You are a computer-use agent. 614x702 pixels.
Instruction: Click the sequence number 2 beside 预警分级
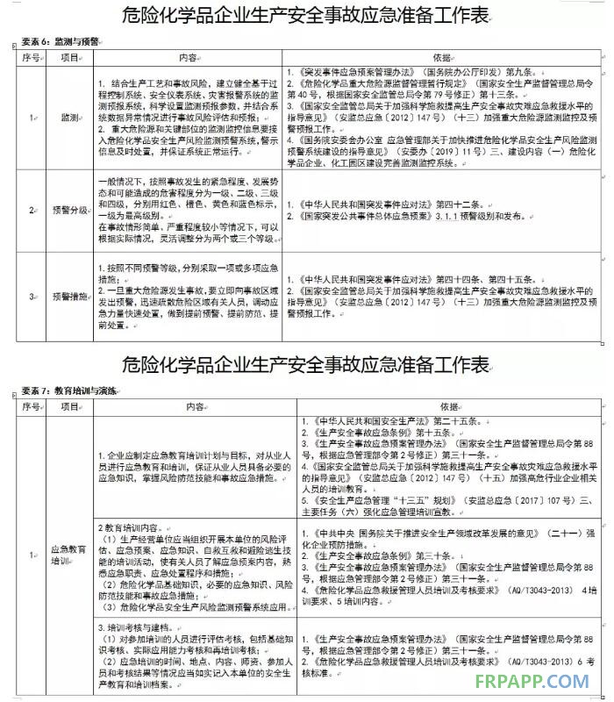pyautogui.click(x=31, y=211)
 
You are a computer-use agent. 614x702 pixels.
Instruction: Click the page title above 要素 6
pyautogui.click(x=306, y=18)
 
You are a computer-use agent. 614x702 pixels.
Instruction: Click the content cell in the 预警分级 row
pyautogui.click(x=188, y=211)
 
